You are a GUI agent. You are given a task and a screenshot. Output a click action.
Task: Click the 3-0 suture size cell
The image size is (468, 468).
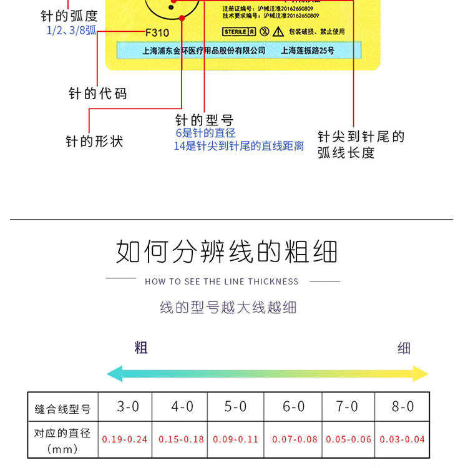click(x=128, y=407)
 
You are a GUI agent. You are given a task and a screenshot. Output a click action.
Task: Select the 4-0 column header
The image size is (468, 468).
click(x=182, y=407)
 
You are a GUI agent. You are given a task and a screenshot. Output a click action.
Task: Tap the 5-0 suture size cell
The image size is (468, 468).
click(x=236, y=407)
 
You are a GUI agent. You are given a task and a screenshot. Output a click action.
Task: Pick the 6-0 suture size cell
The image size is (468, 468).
click(x=293, y=407)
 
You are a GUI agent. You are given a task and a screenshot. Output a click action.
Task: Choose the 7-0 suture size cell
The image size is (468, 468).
click(x=347, y=407)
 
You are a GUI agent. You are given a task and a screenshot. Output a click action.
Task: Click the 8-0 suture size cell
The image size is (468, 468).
click(x=402, y=407)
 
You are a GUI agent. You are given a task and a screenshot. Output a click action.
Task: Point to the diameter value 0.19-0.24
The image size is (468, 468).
click(x=125, y=439)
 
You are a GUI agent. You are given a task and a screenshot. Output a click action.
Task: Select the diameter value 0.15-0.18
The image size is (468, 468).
click(x=182, y=439)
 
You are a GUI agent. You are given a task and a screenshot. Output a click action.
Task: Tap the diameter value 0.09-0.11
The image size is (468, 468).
click(x=236, y=439)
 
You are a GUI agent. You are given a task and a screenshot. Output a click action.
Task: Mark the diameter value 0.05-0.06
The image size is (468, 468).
click(x=348, y=439)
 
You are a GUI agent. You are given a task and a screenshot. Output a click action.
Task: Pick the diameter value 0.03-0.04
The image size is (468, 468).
click(x=402, y=439)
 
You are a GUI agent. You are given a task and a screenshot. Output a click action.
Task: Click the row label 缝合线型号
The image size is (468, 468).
click(x=62, y=410)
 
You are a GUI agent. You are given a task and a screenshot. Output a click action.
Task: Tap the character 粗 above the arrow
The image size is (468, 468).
click(x=141, y=348)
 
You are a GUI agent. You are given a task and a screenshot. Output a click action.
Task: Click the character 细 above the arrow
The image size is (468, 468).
click(x=404, y=348)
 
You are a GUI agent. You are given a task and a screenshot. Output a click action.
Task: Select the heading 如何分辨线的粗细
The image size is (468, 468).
click(x=227, y=251)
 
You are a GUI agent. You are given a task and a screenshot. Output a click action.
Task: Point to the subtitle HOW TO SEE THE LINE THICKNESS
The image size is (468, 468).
click(x=222, y=281)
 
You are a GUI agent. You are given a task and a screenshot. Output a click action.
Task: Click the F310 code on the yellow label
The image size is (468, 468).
click(x=157, y=33)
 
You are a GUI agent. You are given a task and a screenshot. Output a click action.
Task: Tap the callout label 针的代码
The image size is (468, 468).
click(x=97, y=94)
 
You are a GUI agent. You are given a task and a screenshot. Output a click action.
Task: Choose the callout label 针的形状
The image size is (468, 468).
click(x=94, y=142)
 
